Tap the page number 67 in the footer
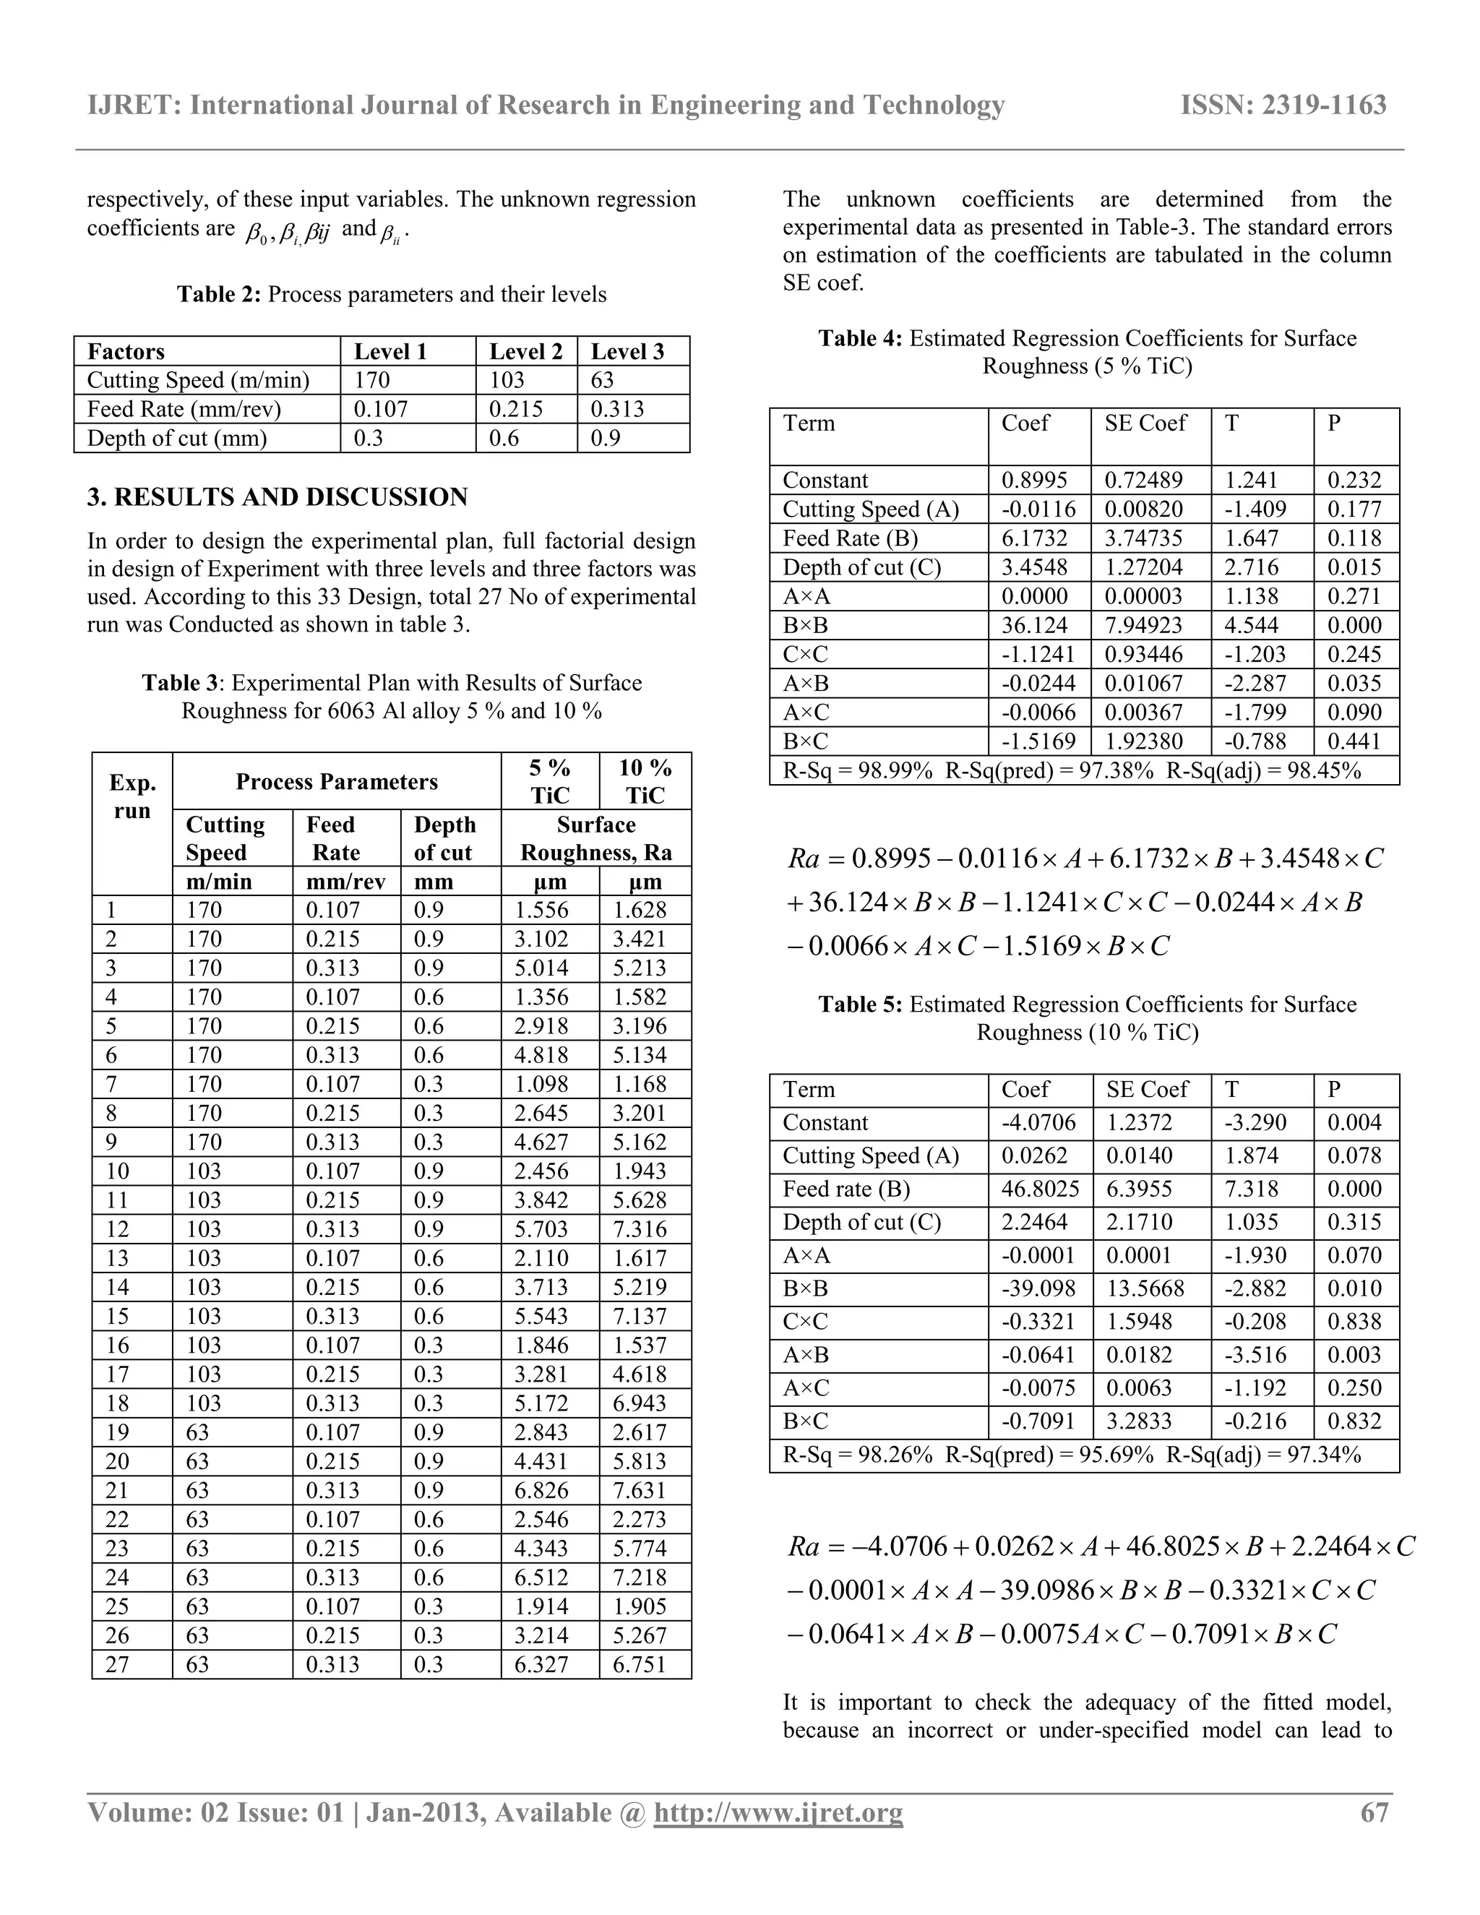tap(1374, 1812)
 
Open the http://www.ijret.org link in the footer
tap(778, 1812)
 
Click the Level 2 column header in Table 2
tap(525, 352)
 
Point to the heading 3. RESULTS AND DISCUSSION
tap(277, 497)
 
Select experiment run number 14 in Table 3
tap(118, 1287)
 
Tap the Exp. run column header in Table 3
tap(132, 796)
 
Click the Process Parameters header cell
tap(337, 782)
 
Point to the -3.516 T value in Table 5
tap(1255, 1355)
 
